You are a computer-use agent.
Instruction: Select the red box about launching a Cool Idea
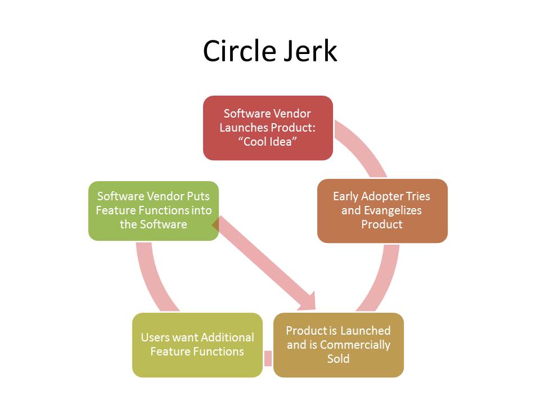click(x=268, y=128)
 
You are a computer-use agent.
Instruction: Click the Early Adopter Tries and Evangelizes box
click(x=382, y=210)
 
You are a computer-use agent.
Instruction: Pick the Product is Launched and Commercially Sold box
click(x=338, y=344)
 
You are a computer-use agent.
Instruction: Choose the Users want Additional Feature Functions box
click(x=197, y=344)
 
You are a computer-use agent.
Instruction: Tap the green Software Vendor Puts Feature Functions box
click(x=154, y=210)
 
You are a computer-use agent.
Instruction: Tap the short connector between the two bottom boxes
click(x=268, y=358)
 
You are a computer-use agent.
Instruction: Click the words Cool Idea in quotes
click(x=268, y=142)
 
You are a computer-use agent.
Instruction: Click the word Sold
click(x=338, y=358)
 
